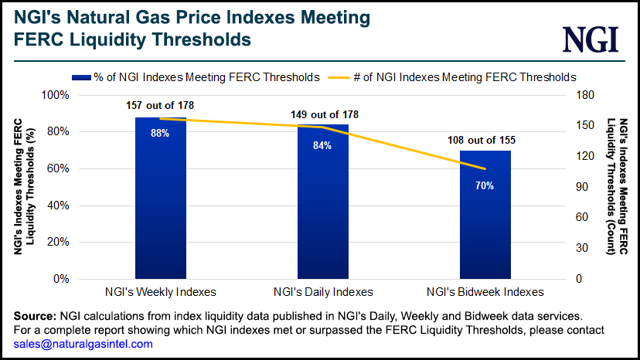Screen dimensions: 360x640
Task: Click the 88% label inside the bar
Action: click(160, 133)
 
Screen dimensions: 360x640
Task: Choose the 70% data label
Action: click(485, 185)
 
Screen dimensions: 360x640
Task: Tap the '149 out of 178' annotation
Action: click(324, 114)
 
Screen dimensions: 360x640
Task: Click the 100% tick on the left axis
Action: click(55, 95)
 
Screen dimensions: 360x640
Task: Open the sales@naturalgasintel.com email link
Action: click(83, 344)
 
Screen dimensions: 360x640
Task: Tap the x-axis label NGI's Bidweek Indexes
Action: click(485, 292)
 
